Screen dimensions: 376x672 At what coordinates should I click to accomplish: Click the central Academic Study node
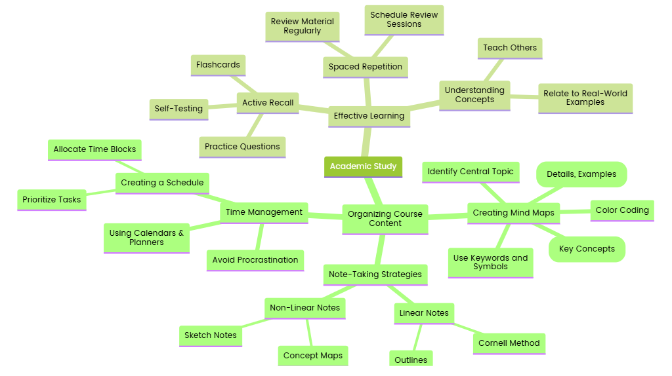(x=363, y=166)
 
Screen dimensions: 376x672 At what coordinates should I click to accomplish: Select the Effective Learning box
(x=369, y=116)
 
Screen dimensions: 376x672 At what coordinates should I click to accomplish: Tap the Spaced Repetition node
(x=366, y=67)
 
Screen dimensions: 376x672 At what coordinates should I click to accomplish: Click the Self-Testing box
(x=178, y=109)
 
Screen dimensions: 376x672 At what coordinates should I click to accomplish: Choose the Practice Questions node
(x=242, y=147)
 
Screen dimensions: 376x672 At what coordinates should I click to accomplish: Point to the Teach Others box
(x=510, y=48)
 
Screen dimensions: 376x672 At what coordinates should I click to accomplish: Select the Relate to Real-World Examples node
(x=585, y=98)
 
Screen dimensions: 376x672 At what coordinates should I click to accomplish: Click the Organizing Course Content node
(x=385, y=219)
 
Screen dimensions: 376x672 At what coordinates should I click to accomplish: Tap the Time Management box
(x=264, y=212)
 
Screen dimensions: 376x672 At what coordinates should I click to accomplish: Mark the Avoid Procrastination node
(x=255, y=260)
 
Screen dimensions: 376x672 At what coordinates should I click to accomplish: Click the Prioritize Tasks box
(x=52, y=200)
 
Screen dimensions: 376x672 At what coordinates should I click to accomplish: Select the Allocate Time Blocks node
(x=94, y=149)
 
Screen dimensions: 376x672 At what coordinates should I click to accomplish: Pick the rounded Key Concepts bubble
(x=587, y=249)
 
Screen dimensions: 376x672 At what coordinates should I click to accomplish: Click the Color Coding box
(x=622, y=210)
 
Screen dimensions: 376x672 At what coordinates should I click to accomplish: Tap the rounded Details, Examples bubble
(x=581, y=174)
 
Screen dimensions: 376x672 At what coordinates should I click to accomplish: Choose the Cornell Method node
(x=509, y=343)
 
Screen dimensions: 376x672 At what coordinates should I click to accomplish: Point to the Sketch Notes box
(x=211, y=335)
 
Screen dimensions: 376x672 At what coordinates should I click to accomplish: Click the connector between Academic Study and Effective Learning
(x=366, y=141)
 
